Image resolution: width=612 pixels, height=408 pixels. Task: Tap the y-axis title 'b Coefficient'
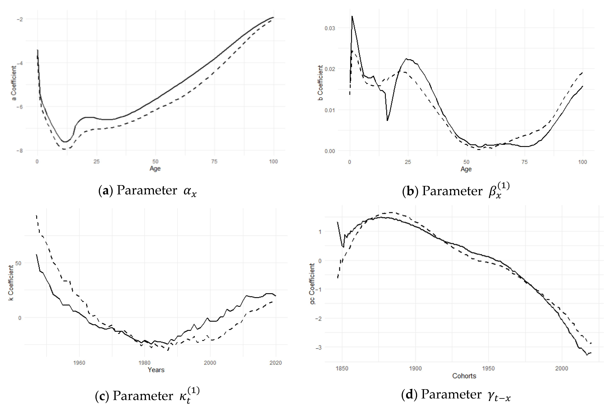coord(320,83)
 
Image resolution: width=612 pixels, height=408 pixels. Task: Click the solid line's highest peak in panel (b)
coord(352,16)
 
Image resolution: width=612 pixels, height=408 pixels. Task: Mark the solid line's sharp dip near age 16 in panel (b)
coord(387,120)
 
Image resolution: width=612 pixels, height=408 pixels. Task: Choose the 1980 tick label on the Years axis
coord(144,363)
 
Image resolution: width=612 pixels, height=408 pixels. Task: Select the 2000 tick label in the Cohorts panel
coord(561,368)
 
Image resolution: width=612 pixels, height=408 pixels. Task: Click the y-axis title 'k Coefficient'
coord(11,283)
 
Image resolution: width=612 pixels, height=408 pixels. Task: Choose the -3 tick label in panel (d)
coord(319,347)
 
